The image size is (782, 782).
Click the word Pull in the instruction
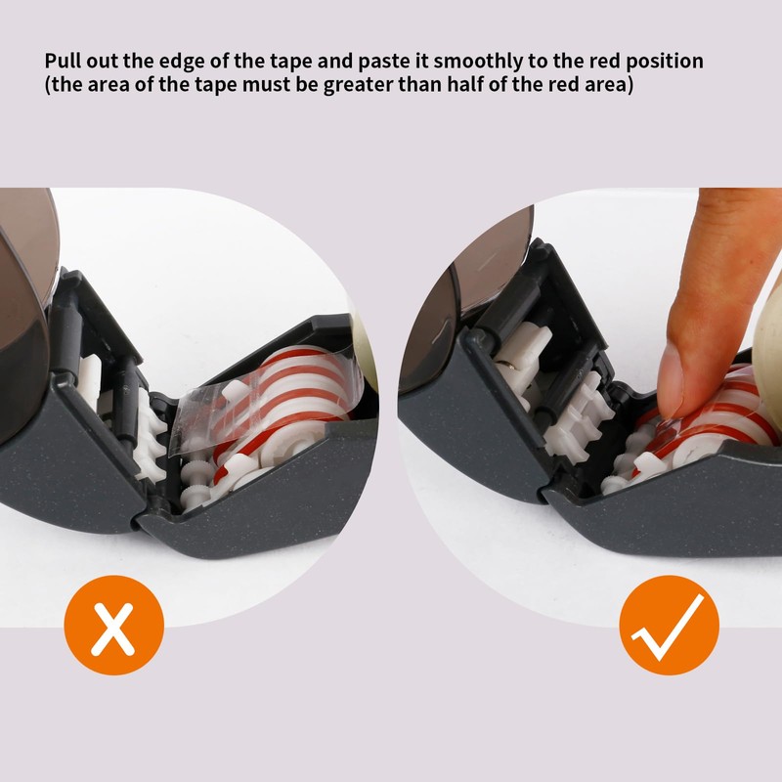click(x=65, y=62)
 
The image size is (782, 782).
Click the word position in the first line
click(x=666, y=62)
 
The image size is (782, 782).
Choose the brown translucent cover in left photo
click(x=24, y=293)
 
